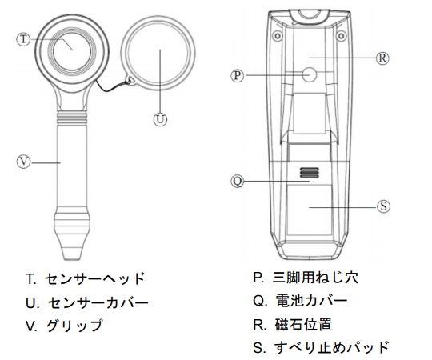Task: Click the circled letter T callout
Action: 23,39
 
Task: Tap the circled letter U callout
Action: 160,119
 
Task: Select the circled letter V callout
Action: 24,162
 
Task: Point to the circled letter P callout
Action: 238,75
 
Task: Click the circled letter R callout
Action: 382,58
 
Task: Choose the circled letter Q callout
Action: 238,182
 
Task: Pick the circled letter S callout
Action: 383,206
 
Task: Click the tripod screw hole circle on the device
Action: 310,74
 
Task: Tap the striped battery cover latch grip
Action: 309,173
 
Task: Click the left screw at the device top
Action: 278,35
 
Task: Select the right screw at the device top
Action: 341,35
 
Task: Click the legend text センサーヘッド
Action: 94,278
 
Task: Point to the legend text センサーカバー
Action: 98,302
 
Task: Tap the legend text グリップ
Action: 74,326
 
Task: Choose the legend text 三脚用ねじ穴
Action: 315,278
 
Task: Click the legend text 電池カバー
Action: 311,301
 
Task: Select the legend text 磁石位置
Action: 303,325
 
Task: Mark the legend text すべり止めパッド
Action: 331,348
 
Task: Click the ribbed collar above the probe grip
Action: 72,118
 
